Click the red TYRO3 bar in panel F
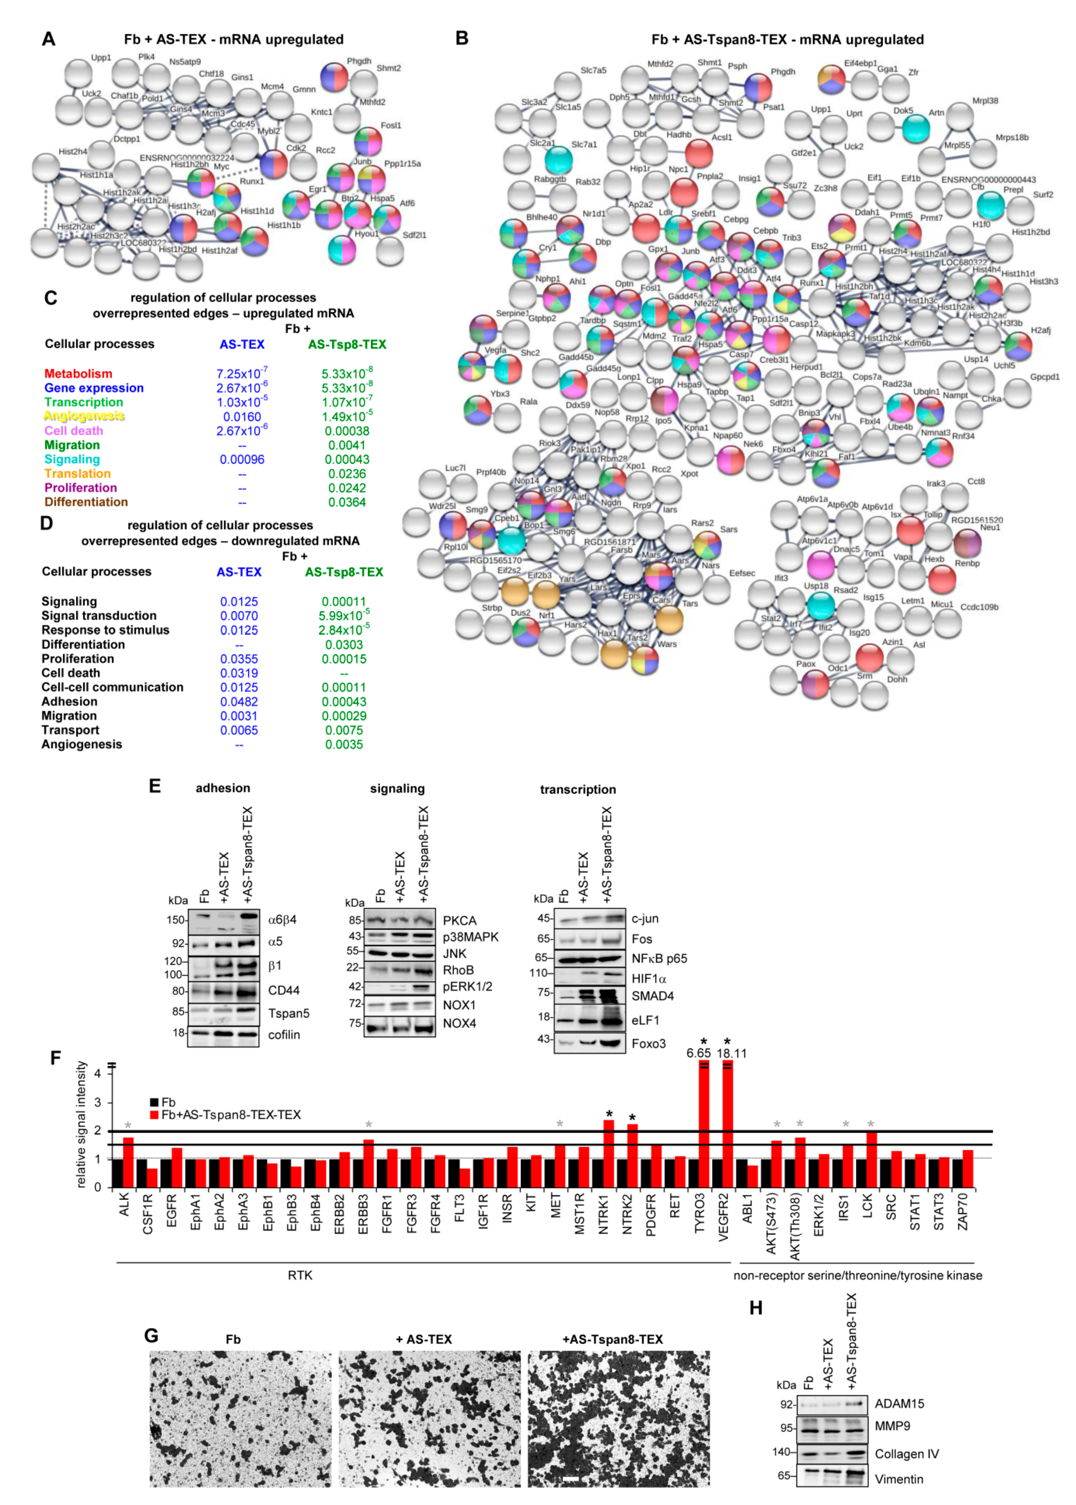704,1126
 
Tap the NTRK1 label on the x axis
603,1219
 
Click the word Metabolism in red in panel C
78,374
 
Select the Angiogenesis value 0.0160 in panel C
242,417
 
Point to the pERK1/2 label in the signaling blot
467,986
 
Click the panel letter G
152,1335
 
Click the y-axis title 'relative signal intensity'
81,1124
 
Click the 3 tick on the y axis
97,1102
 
